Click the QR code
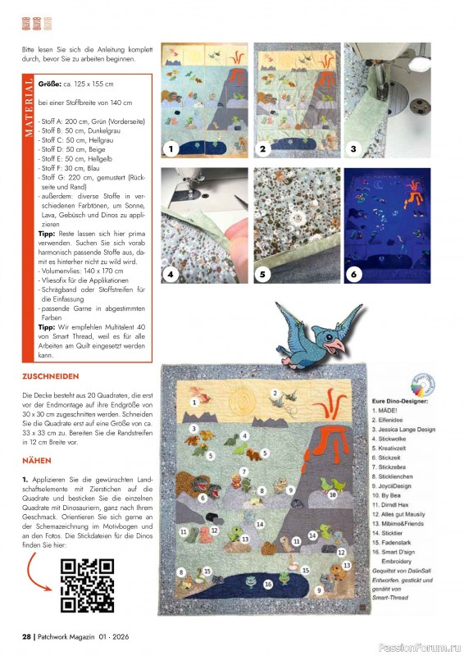click(x=88, y=585)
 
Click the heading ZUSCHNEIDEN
click(x=51, y=376)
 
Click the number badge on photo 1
click(x=171, y=149)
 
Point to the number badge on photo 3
click(x=353, y=149)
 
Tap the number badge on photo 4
click(x=171, y=275)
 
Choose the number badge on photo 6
click(x=353, y=275)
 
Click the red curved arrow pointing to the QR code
click(x=38, y=565)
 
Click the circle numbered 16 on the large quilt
click(x=268, y=584)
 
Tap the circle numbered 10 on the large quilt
click(x=332, y=494)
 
